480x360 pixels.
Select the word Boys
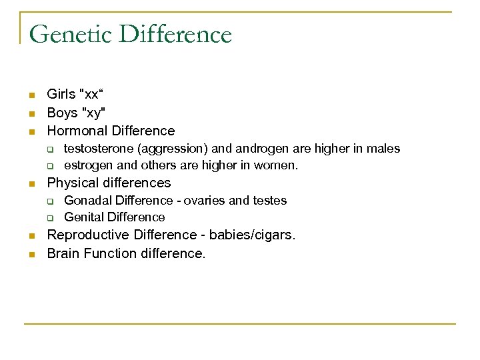(x=62, y=113)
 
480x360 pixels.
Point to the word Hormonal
(x=75, y=131)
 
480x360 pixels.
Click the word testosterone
(x=96, y=149)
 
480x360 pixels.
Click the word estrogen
(x=89, y=165)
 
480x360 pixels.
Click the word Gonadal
(x=87, y=201)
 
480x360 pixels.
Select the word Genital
(x=83, y=217)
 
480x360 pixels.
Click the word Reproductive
(x=89, y=235)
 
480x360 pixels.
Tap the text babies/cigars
(x=252, y=235)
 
